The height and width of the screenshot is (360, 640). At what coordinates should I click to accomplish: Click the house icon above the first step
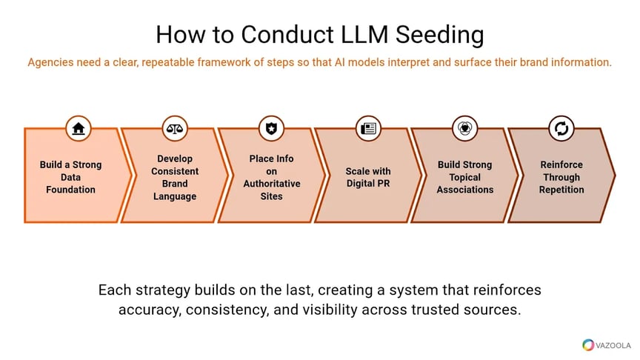click(x=78, y=128)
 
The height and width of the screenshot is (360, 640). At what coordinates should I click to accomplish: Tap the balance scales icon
click(x=175, y=128)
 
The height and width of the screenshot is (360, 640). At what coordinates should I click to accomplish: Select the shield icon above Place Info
click(x=271, y=128)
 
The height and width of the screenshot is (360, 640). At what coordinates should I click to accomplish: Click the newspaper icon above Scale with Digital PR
click(x=368, y=128)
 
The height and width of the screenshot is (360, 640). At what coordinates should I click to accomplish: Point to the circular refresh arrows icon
click(x=561, y=128)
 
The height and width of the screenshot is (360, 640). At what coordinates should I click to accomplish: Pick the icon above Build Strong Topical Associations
click(x=464, y=128)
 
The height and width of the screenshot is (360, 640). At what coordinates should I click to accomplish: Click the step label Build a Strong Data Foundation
click(x=71, y=177)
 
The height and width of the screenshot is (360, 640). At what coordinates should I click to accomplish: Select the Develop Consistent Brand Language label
click(x=175, y=177)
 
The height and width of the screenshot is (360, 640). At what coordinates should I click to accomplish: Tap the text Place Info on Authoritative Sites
click(x=271, y=177)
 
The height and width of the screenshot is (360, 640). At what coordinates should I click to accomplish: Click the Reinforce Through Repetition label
click(x=561, y=177)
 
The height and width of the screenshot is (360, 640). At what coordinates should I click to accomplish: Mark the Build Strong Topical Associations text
click(x=464, y=177)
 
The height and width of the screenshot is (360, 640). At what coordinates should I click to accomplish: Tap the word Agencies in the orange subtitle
click(x=51, y=63)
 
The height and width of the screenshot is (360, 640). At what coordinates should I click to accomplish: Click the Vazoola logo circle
click(x=588, y=345)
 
